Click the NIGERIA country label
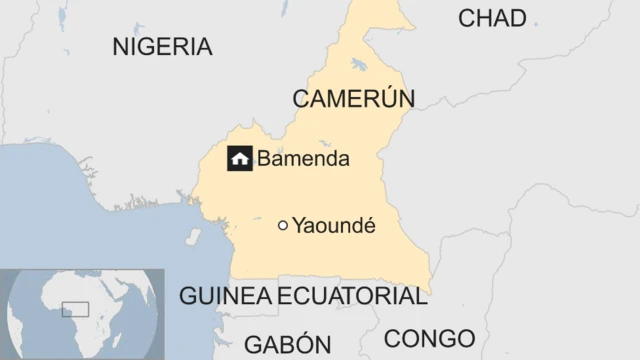click(x=162, y=47)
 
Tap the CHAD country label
click(x=491, y=18)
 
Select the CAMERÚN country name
click(x=353, y=98)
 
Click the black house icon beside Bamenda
click(x=239, y=158)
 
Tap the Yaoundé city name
click(x=333, y=226)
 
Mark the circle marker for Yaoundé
click(x=283, y=226)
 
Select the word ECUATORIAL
click(x=352, y=296)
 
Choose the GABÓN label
click(x=287, y=344)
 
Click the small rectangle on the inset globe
click(x=75, y=310)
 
